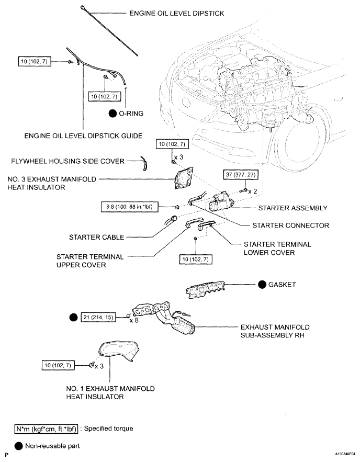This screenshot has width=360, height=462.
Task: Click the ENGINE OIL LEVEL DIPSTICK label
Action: [x=177, y=14]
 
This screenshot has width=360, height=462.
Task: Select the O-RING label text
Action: [x=131, y=113]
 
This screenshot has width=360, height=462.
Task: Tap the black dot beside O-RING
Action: [x=111, y=113]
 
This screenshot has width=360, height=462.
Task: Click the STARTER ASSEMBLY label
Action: [x=292, y=208]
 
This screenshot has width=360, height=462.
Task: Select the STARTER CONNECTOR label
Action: [x=290, y=226]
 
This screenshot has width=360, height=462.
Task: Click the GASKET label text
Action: [x=284, y=285]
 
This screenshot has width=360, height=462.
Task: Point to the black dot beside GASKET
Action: [x=262, y=285]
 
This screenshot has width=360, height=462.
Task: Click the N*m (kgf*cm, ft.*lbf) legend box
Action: [x=48, y=429]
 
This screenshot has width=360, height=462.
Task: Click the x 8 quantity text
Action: [x=134, y=320]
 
